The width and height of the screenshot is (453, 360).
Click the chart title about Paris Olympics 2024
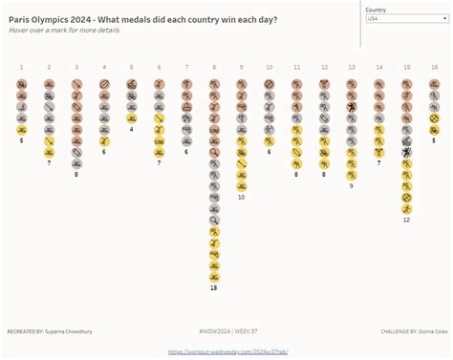(x=143, y=19)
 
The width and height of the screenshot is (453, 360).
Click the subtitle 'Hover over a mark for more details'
(x=63, y=31)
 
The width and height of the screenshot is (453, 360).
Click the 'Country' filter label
(x=377, y=10)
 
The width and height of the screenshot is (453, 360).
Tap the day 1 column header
(x=21, y=68)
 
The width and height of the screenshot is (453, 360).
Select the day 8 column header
(x=214, y=68)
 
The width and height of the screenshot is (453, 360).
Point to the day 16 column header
(x=434, y=68)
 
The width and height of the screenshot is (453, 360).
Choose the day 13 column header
(x=352, y=68)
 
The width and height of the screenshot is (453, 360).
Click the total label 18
(x=214, y=287)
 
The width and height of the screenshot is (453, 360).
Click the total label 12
(x=406, y=220)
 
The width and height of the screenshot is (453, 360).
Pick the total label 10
(x=242, y=197)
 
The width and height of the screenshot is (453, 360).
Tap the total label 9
(x=352, y=185)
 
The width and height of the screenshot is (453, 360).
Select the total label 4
(x=131, y=129)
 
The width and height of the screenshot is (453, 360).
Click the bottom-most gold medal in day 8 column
(x=214, y=276)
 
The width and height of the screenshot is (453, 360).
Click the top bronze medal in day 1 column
(x=21, y=84)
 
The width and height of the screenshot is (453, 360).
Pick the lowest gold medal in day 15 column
(x=407, y=208)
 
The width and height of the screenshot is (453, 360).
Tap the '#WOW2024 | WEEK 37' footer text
(x=226, y=331)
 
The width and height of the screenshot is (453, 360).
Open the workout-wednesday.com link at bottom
(x=226, y=351)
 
